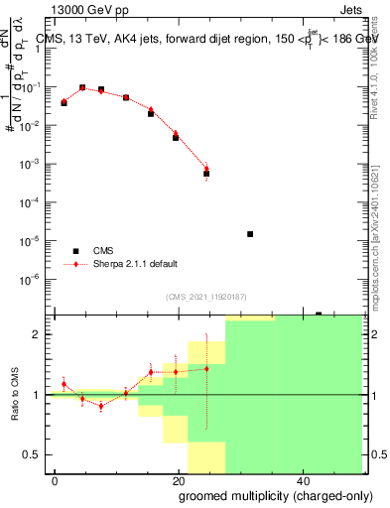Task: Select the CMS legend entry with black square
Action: [x=75, y=251]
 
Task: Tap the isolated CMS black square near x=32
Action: [x=249, y=234]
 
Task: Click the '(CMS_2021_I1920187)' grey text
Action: [x=204, y=297]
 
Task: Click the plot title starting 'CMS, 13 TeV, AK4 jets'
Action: [x=205, y=39]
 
